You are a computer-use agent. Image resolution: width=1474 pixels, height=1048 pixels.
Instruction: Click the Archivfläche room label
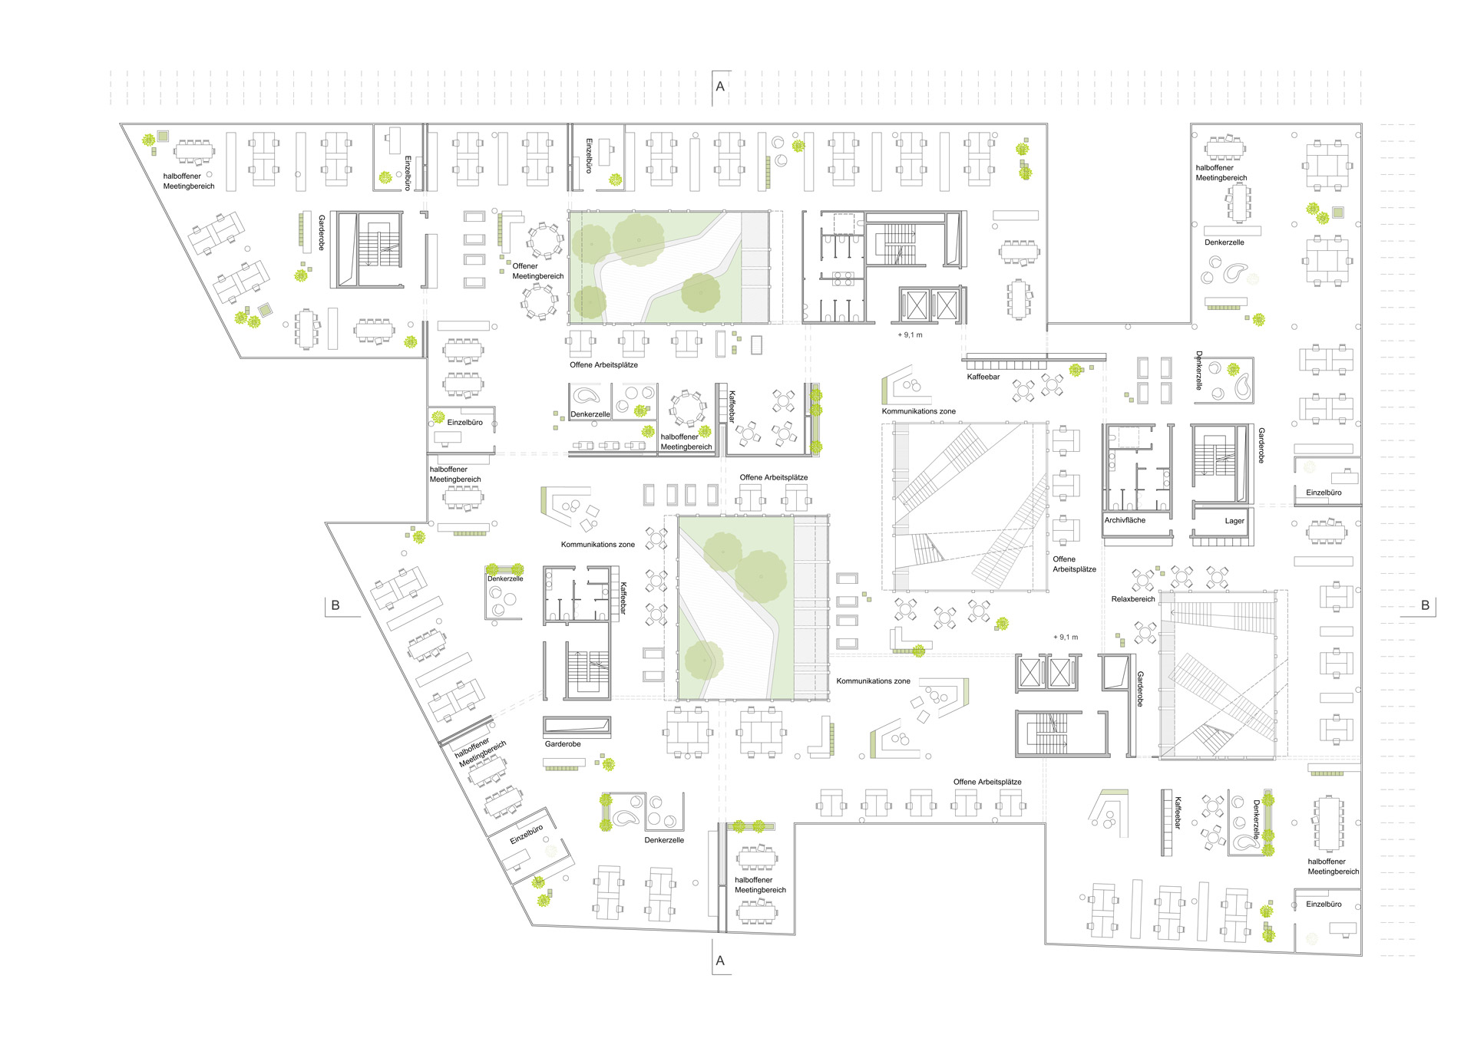click(x=1125, y=520)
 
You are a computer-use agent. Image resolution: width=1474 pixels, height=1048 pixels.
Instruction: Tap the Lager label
click(x=1234, y=521)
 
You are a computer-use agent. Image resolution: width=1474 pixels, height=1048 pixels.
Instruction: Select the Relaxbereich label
click(x=1133, y=599)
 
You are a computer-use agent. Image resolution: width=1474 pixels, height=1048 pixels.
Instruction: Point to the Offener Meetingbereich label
click(x=537, y=271)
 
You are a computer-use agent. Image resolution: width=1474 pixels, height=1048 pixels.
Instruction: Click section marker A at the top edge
click(x=720, y=87)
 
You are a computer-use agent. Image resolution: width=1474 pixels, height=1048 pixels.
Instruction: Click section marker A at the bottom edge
click(x=720, y=961)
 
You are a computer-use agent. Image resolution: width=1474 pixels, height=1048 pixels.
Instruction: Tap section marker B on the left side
click(x=335, y=605)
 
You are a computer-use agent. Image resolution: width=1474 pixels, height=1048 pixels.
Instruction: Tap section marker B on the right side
click(x=1425, y=605)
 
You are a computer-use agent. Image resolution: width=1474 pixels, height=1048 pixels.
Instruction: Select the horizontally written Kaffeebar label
click(x=983, y=377)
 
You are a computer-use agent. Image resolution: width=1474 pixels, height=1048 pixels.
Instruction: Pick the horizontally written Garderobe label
click(x=563, y=744)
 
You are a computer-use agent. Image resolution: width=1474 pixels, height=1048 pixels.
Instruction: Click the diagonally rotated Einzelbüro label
click(x=527, y=834)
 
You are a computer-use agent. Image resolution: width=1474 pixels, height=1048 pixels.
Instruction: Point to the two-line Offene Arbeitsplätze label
click(x=1074, y=564)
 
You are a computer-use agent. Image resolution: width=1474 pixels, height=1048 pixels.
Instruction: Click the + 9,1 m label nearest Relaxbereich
click(x=1066, y=637)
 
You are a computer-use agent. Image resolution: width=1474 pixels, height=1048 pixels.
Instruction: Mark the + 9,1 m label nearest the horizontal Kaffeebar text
click(x=911, y=335)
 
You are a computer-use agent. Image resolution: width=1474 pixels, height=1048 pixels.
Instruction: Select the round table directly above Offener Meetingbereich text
click(x=544, y=240)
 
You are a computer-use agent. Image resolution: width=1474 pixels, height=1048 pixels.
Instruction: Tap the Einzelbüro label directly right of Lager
click(x=1324, y=493)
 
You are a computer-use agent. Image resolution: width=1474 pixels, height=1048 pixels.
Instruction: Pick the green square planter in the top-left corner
click(x=163, y=136)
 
